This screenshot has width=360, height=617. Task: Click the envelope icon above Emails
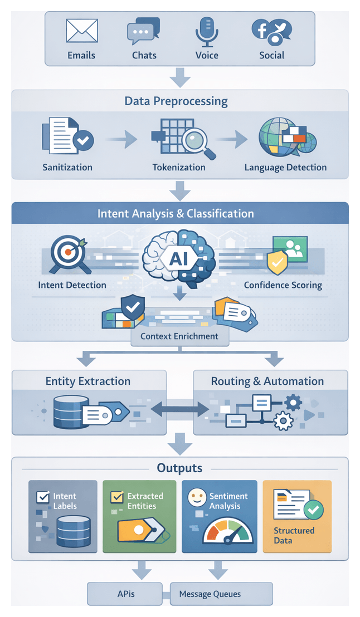[x=81, y=31]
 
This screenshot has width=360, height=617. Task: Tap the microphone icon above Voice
[x=206, y=31]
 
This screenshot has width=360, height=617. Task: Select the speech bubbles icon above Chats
[x=143, y=31]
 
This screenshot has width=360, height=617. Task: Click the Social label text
[x=271, y=56]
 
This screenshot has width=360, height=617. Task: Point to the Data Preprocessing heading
[x=176, y=101]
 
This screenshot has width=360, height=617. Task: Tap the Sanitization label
[x=67, y=167]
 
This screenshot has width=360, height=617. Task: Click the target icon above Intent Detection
[x=68, y=253]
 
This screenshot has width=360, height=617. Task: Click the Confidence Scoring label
[x=283, y=285]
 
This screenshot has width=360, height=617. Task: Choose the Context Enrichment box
[x=179, y=336]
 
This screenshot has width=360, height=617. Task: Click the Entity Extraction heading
[x=88, y=381]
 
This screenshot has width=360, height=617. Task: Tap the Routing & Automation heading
[x=267, y=381]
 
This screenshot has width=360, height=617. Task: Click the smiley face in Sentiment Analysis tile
[x=197, y=497]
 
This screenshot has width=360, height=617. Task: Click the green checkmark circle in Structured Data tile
[x=314, y=508]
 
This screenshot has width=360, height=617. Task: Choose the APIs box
[x=125, y=594]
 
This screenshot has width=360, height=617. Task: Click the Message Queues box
[x=211, y=594]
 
